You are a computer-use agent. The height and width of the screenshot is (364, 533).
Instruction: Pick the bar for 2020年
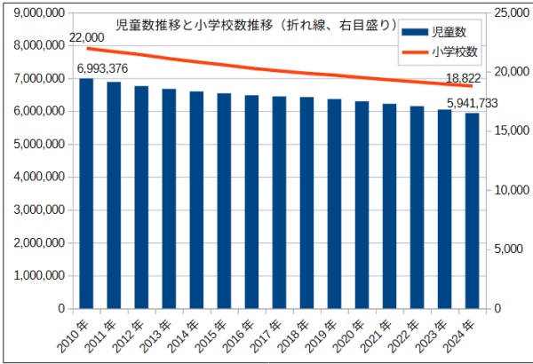click(362, 205)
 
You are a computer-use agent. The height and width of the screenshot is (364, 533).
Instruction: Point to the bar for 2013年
click(169, 199)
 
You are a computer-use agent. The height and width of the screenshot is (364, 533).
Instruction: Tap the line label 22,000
click(86, 36)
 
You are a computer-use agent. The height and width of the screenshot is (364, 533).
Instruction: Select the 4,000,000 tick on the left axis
click(38, 177)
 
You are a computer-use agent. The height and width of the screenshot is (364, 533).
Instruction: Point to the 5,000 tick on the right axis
click(505, 249)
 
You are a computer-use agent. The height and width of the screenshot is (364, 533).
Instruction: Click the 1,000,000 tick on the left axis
click(38, 275)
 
